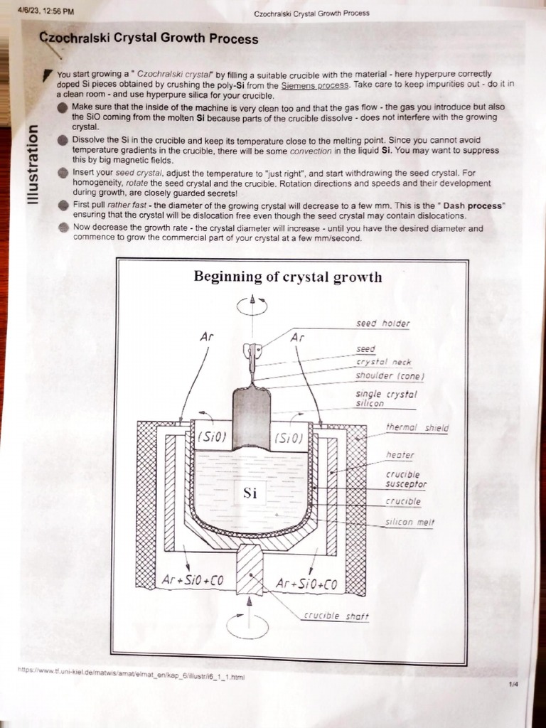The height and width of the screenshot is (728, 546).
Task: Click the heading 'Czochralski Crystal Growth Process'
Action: click(148, 38)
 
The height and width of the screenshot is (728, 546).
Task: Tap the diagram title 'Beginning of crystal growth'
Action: click(288, 277)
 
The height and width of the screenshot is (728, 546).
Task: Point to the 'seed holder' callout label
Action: click(382, 323)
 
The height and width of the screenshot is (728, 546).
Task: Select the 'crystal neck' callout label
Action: click(383, 363)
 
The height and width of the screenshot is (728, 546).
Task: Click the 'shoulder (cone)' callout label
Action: click(390, 376)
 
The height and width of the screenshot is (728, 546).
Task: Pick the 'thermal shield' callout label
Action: click(417, 427)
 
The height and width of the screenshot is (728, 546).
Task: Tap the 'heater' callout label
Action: click(400, 455)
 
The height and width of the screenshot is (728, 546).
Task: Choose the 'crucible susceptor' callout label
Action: click(406, 479)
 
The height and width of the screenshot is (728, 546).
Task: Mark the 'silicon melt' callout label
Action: click(409, 522)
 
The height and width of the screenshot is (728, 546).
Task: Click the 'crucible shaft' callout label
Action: click(336, 616)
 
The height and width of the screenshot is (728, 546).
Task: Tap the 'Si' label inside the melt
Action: click(250, 493)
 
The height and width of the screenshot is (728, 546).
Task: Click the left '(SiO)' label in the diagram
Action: click(211, 437)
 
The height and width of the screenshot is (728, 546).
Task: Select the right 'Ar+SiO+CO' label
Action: click(306, 584)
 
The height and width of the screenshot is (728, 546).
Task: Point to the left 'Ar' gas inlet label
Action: click(206, 337)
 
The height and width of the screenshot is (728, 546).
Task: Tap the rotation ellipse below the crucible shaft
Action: click(247, 627)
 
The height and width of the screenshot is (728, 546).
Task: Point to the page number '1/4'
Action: click(514, 684)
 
